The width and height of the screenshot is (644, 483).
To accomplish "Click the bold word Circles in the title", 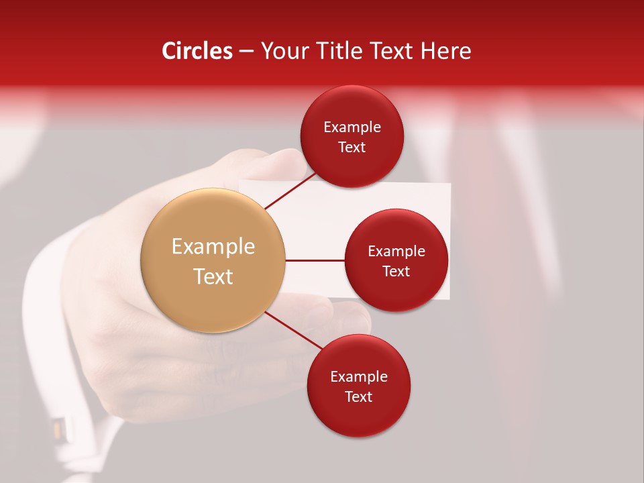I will [197, 51].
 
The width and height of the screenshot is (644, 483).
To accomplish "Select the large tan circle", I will [213, 260].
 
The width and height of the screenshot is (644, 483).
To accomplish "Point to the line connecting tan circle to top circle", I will [290, 190].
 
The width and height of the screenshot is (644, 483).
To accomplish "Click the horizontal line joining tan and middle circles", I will [315, 260].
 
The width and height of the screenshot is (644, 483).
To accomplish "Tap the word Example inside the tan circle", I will [213, 247].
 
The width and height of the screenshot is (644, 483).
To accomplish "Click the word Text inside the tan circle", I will [213, 276].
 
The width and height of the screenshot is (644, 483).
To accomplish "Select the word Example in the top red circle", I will [352, 127].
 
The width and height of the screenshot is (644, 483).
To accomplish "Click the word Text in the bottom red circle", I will [358, 396].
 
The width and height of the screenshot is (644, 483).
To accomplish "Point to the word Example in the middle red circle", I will [396, 252].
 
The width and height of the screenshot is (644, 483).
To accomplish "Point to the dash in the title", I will [246, 51].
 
